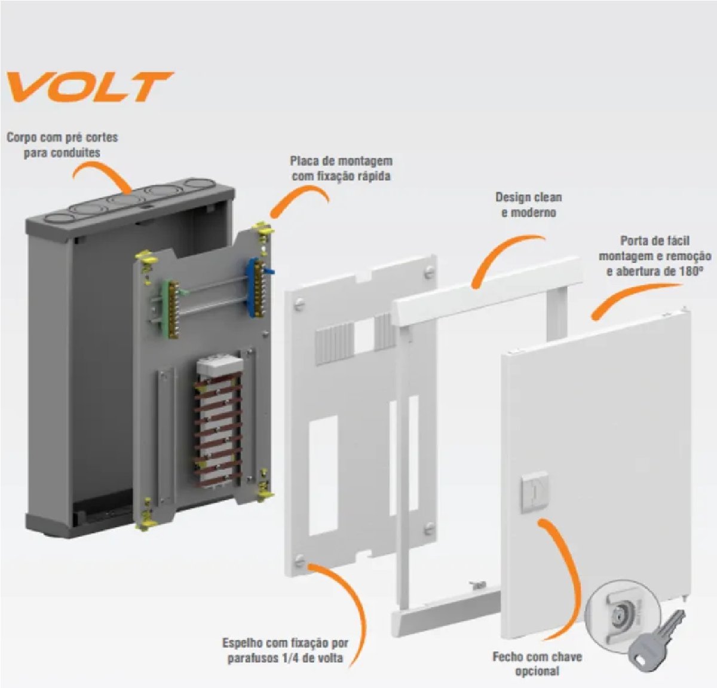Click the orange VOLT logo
pyautogui.click(x=90, y=87)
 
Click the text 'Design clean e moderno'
pyautogui.click(x=528, y=205)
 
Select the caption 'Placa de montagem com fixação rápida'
pyautogui.click(x=341, y=169)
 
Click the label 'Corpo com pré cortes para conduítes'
pyautogui.click(x=62, y=145)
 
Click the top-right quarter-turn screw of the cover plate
pyautogui.click(x=428, y=273)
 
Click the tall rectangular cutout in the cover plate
pyautogui.click(x=323, y=476)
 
